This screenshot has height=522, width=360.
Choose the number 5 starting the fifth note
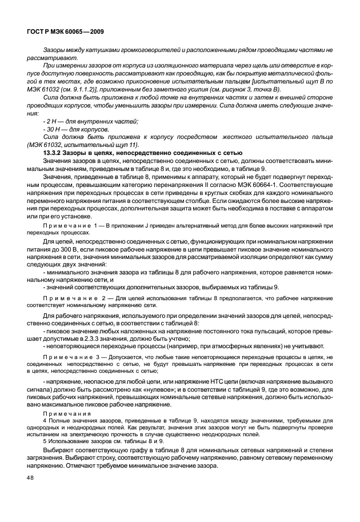tap(45, 441)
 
